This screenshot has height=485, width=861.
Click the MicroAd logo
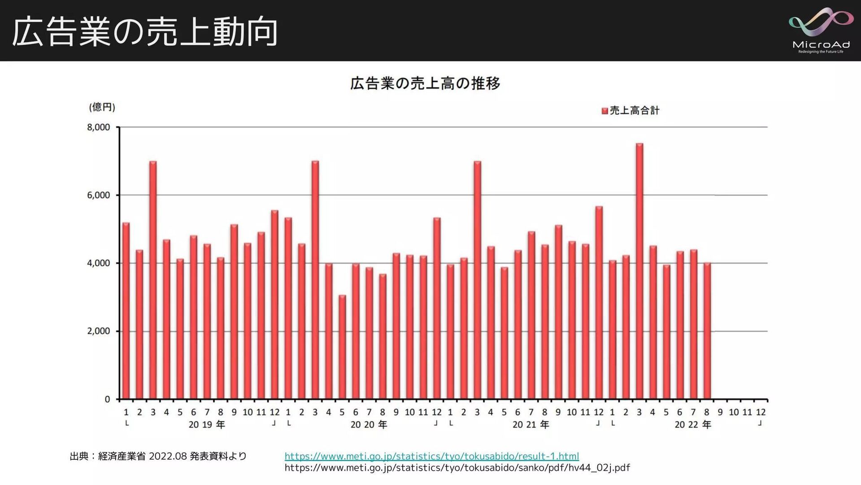point(821,31)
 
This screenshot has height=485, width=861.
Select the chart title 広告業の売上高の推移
point(425,84)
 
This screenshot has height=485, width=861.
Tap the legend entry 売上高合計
point(631,110)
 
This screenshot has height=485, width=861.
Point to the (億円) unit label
point(102,107)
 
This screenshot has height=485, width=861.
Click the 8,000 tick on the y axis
point(99,128)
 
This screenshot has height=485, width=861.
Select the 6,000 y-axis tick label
point(99,195)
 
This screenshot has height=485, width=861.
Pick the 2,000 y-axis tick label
point(99,331)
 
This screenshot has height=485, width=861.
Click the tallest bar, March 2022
point(639,269)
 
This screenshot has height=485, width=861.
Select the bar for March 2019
point(153,278)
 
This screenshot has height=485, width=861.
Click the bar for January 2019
point(126,310)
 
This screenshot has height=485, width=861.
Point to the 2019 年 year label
point(207,425)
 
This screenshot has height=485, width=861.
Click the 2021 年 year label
point(531,425)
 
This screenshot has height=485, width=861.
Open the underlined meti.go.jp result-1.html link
point(431,456)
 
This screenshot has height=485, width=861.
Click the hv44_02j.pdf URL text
point(457,468)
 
